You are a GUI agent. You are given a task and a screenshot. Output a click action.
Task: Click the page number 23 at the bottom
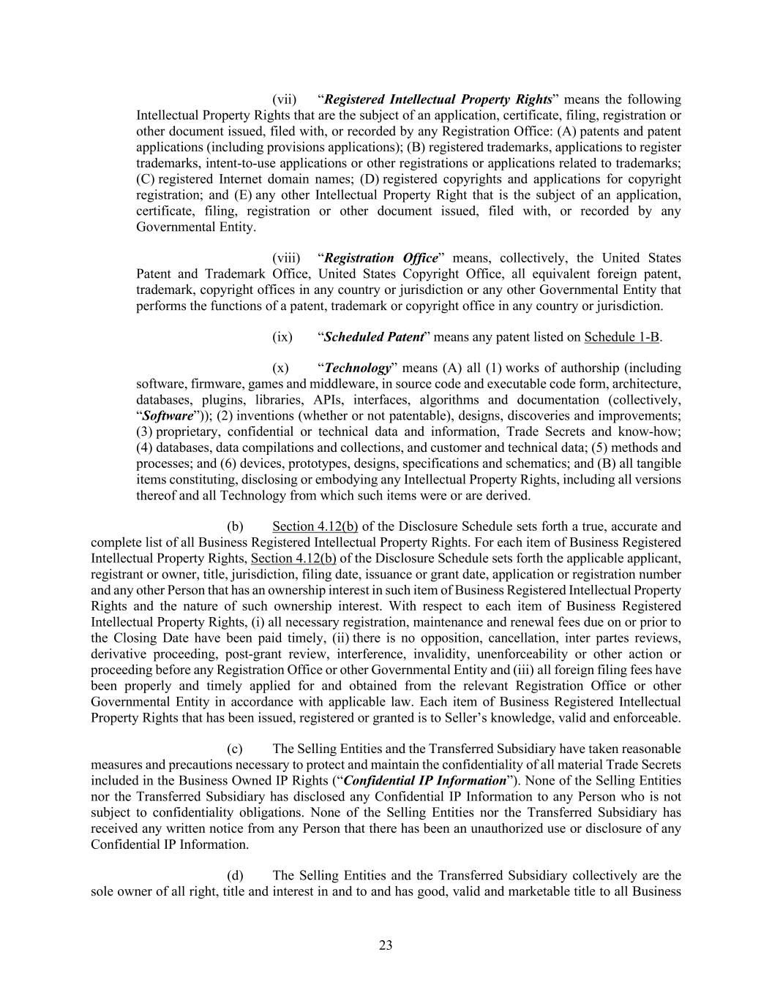[386, 945]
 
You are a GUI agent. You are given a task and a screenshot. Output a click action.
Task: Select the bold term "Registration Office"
[381, 258]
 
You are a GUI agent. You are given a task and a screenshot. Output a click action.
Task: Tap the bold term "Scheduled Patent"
[373, 337]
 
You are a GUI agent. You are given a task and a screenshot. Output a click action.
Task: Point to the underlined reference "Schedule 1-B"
[621, 337]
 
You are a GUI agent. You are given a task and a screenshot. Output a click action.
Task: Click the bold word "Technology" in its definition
[358, 368]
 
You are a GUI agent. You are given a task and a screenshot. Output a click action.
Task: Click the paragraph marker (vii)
[284, 99]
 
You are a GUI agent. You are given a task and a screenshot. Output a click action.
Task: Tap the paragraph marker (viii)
[286, 258]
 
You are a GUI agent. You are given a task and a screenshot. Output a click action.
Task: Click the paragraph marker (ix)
[282, 337]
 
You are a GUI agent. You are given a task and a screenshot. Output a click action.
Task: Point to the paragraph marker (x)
[280, 368]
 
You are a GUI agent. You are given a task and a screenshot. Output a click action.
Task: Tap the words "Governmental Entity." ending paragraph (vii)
[186, 227]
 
